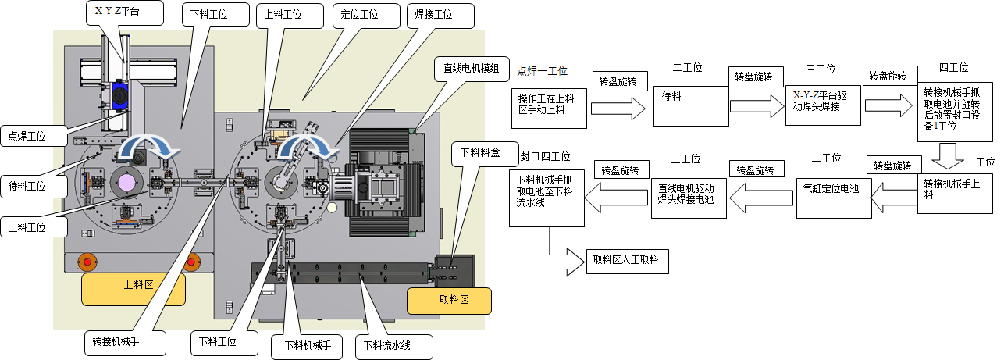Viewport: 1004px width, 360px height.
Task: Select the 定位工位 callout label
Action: pyautogui.click(x=360, y=15)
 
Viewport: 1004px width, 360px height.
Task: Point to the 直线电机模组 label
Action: pyautogui.click(x=472, y=68)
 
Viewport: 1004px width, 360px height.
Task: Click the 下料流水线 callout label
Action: pyautogui.click(x=392, y=344)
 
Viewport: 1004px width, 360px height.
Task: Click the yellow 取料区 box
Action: pyautogui.click(x=449, y=301)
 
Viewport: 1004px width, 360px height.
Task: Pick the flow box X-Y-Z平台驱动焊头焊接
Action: pyautogui.click(x=822, y=105)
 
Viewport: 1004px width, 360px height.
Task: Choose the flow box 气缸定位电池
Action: pyautogui.click(x=832, y=195)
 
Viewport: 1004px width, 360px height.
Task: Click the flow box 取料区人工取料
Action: pyautogui.click(x=627, y=261)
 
